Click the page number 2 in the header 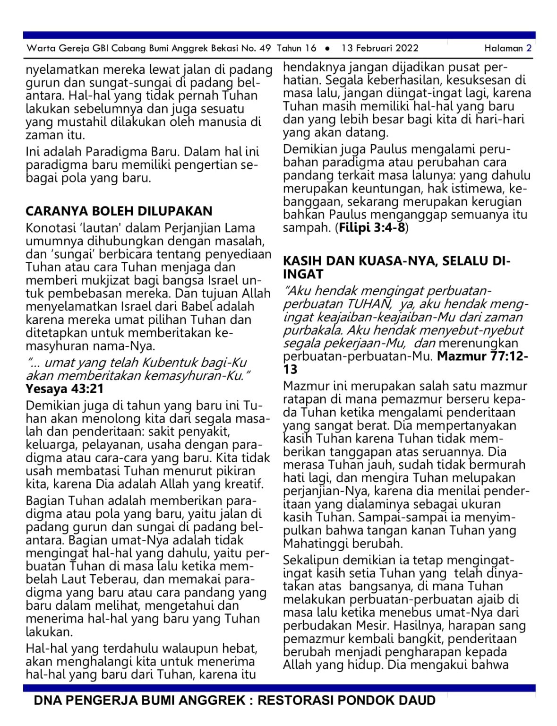529,48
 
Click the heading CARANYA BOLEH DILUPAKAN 119,211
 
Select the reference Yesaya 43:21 65,389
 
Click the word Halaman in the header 504,48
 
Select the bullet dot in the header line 327,48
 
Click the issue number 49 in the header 265,48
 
